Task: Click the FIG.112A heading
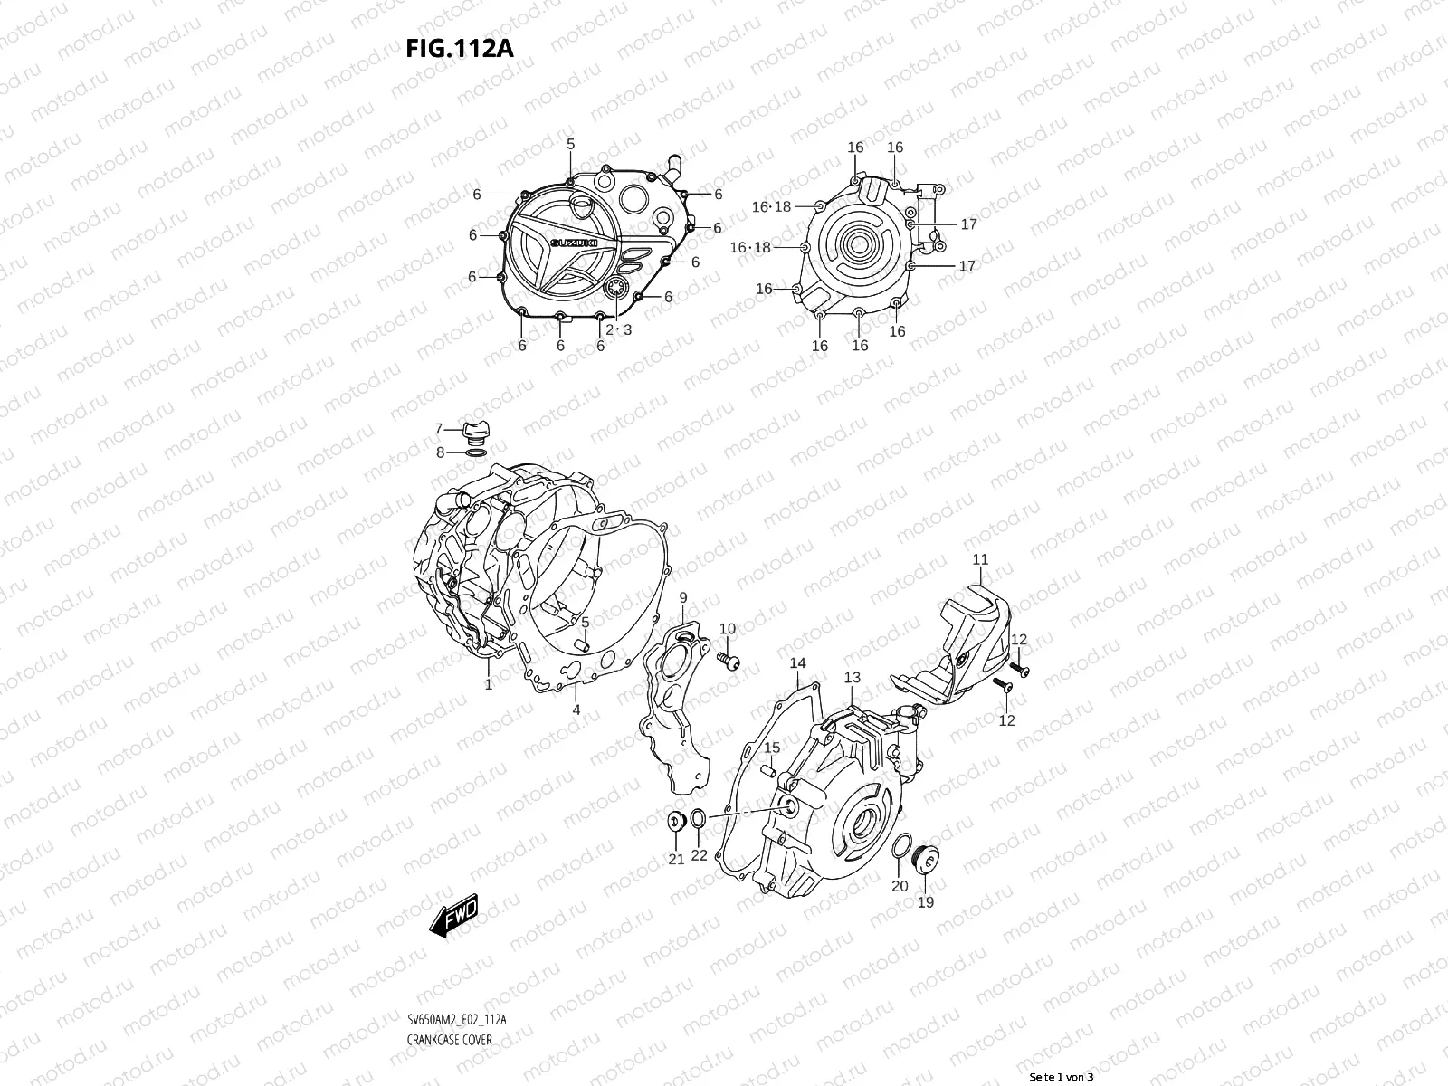(459, 47)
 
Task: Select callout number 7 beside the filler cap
(439, 429)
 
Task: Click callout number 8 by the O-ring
(440, 452)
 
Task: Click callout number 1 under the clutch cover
(489, 685)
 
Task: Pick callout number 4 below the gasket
(576, 710)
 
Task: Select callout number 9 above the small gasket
(683, 597)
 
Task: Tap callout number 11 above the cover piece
(980, 560)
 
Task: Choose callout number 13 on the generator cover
(853, 677)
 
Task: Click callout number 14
(797, 663)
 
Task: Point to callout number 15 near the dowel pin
(771, 748)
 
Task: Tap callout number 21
(676, 860)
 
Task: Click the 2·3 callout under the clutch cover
(618, 329)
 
